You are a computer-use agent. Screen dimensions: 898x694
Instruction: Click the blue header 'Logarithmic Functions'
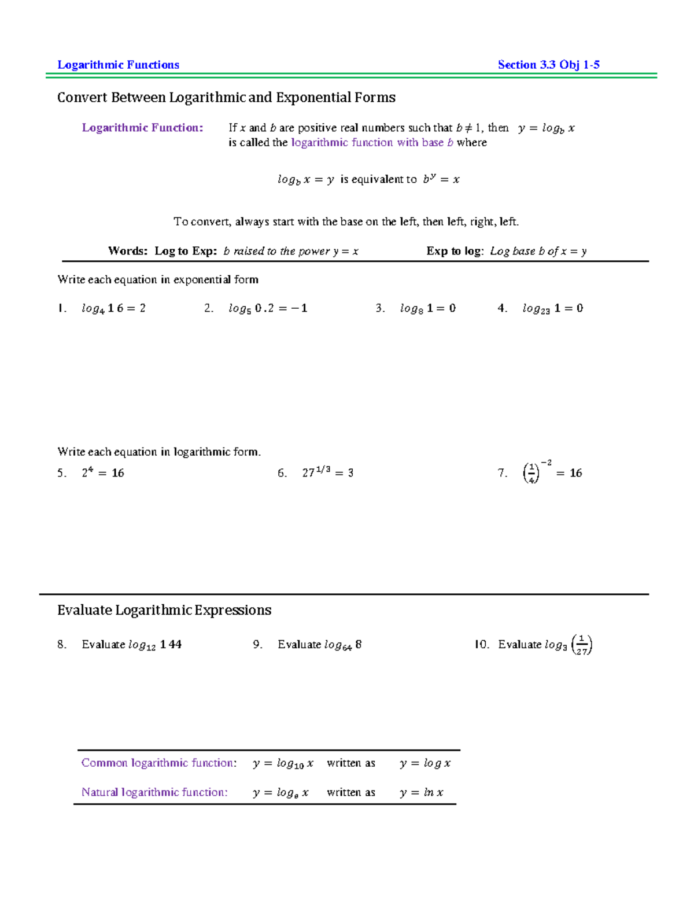click(x=118, y=65)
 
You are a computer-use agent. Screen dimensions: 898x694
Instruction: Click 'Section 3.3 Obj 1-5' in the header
click(x=548, y=65)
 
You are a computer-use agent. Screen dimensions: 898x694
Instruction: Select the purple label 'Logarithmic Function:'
click(x=142, y=128)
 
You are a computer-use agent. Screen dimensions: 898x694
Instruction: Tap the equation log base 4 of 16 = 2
click(x=113, y=308)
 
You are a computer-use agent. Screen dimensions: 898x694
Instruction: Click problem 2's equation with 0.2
click(x=268, y=308)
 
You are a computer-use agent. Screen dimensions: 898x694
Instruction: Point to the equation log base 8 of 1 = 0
click(x=427, y=308)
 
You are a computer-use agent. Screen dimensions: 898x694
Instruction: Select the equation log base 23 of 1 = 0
click(x=552, y=308)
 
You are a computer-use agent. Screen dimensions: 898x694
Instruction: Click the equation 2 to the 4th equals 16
click(x=103, y=473)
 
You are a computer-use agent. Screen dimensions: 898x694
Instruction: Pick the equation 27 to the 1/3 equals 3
click(x=327, y=472)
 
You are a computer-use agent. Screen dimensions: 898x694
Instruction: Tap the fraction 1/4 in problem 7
click(x=531, y=474)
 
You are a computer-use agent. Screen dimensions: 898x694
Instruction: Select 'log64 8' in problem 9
click(x=342, y=645)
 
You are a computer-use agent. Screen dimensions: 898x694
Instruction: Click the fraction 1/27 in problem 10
click(x=582, y=645)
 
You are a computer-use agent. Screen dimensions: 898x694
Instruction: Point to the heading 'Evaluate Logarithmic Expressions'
click(x=164, y=610)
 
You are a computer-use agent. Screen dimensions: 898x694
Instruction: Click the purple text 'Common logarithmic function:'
click(x=159, y=763)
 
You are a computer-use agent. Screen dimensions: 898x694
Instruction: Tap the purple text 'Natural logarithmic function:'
click(x=154, y=792)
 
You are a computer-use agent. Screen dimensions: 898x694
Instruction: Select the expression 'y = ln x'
click(x=421, y=793)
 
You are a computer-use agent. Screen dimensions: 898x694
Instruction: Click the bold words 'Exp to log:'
click(x=455, y=251)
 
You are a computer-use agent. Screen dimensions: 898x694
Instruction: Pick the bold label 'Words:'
click(x=128, y=251)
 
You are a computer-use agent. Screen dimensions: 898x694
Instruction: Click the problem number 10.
click(x=482, y=645)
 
